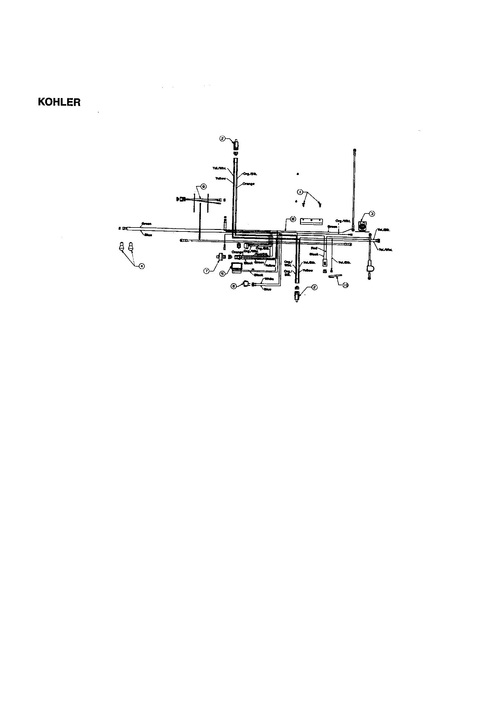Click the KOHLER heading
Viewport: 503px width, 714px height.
click(x=59, y=102)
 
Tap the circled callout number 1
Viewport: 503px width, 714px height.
click(x=300, y=192)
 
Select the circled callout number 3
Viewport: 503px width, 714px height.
click(x=372, y=213)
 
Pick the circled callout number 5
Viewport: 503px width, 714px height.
click(x=222, y=274)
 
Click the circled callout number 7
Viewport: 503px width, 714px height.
click(x=206, y=271)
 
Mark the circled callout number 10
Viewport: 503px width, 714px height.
click(x=346, y=285)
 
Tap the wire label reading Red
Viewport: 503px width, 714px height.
click(x=314, y=248)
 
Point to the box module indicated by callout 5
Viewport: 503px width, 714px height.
click(x=237, y=267)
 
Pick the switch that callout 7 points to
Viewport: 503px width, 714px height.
click(x=220, y=257)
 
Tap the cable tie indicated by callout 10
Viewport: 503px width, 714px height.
click(x=335, y=276)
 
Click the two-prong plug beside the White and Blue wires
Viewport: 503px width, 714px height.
click(x=246, y=284)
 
